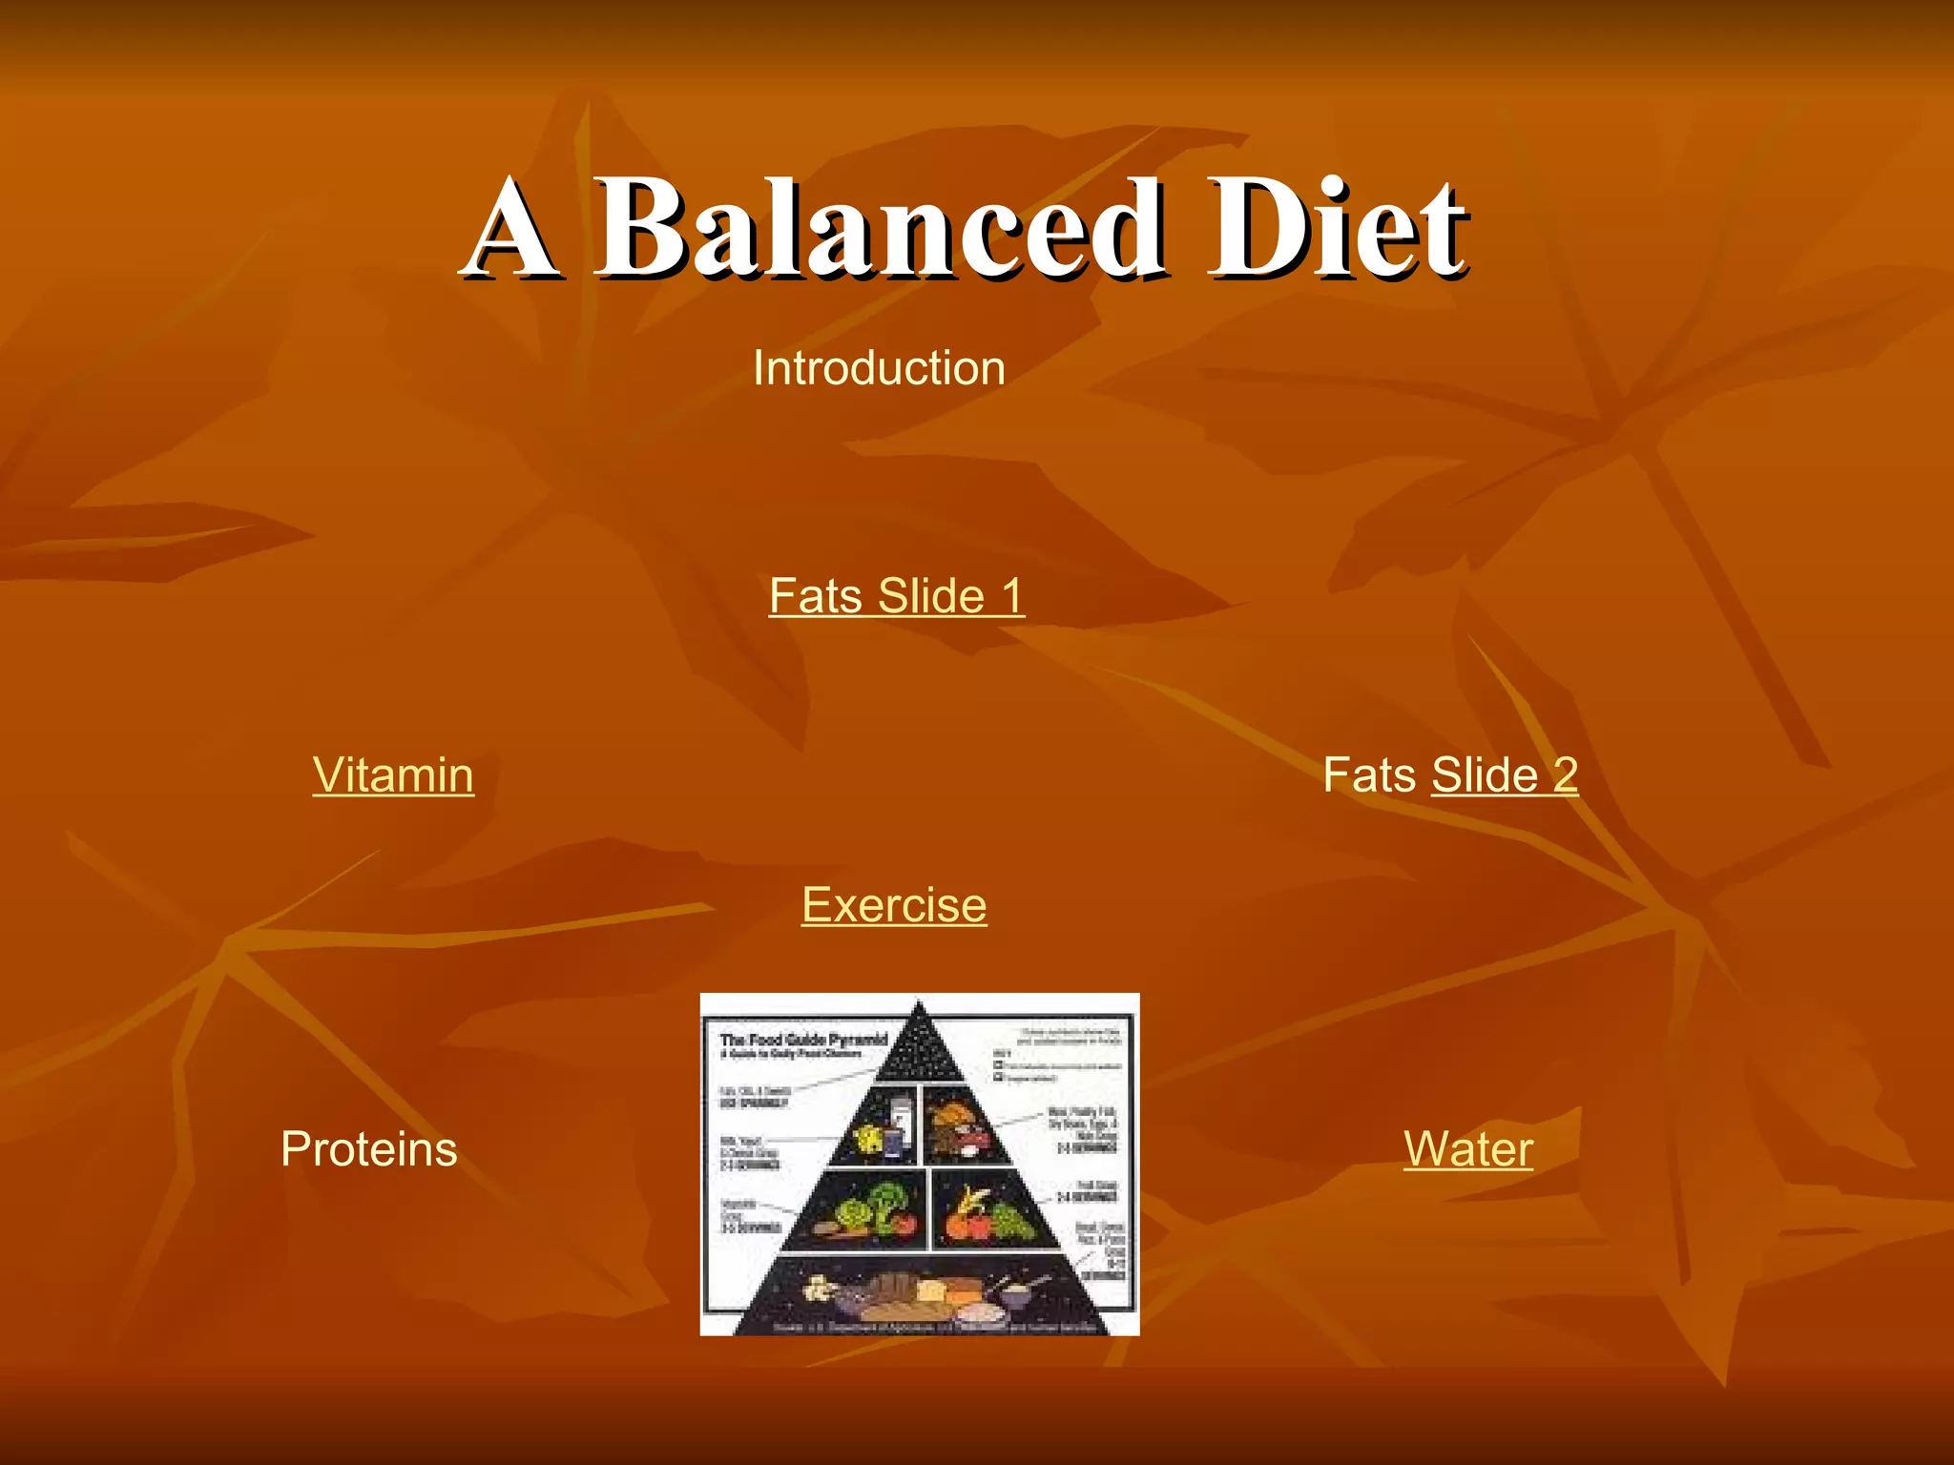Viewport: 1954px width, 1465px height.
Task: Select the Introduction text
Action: point(879,368)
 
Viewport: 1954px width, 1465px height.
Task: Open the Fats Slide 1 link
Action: point(896,596)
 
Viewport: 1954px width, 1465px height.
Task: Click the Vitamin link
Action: point(393,774)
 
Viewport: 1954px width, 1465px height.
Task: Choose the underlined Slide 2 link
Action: point(1505,774)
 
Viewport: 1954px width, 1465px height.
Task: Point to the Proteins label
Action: point(369,1148)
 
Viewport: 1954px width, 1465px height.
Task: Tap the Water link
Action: point(1468,1148)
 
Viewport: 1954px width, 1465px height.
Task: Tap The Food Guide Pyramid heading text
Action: point(803,1039)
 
